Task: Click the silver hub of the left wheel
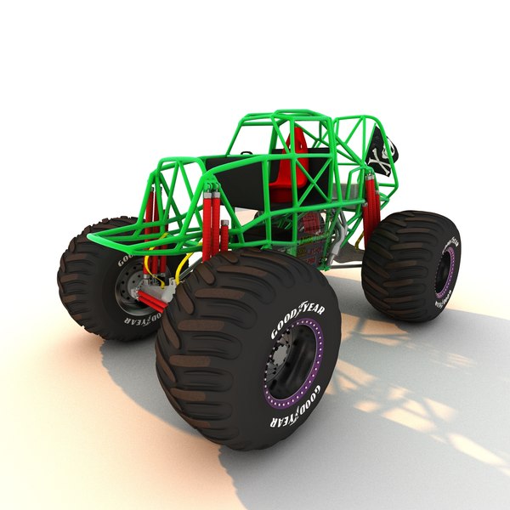127,286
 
